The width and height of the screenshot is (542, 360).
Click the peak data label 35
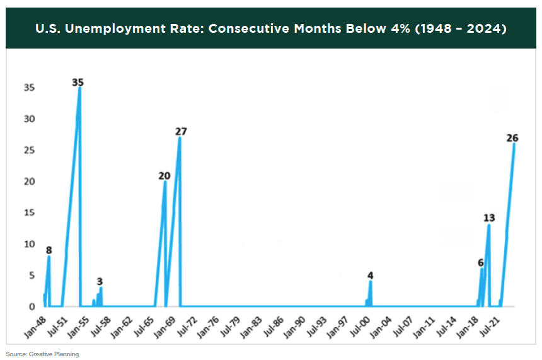pos(78,82)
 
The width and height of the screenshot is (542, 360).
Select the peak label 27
pos(181,131)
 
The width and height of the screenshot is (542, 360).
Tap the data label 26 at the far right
pos(512,137)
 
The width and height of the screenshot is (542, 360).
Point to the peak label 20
pos(164,176)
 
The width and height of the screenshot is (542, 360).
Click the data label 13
pos(489,218)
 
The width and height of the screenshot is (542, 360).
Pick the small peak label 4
pos(371,276)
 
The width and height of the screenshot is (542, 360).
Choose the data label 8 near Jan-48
pos(49,250)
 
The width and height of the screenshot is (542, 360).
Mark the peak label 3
pos(100,281)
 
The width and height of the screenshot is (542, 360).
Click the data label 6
pos(480,263)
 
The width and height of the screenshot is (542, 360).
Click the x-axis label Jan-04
pos(384,324)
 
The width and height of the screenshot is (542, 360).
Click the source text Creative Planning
pos(54,354)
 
